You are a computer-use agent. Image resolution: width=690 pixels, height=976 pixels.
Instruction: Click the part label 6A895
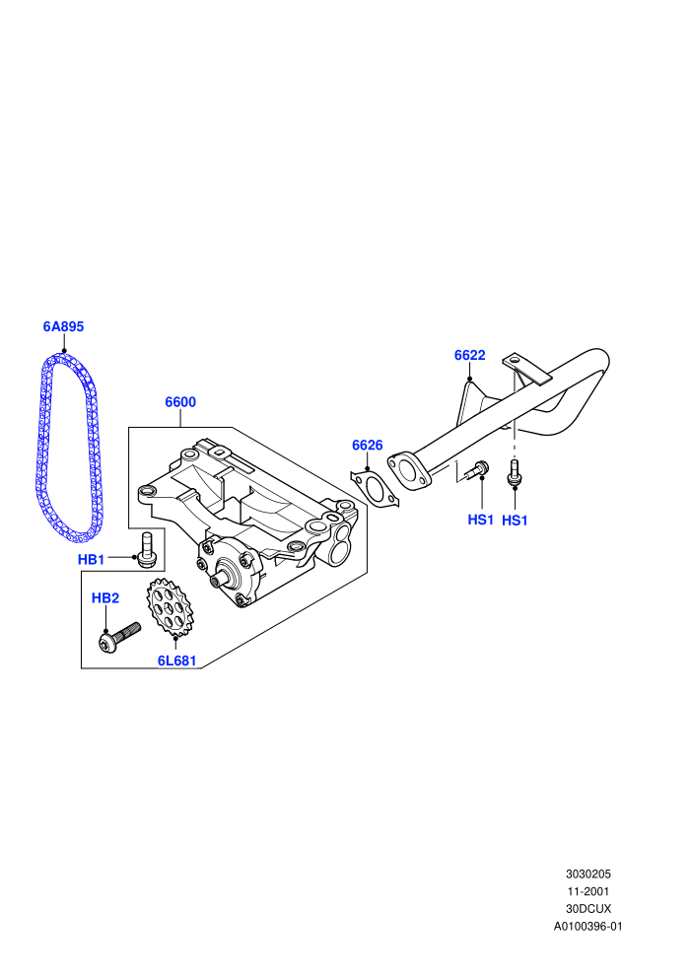pos(63,326)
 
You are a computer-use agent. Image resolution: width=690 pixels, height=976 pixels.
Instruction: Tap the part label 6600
pos(180,402)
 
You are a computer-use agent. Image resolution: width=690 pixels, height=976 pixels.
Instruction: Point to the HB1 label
pos(91,560)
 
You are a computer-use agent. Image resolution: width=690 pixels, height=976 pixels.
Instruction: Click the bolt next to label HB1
pos(147,550)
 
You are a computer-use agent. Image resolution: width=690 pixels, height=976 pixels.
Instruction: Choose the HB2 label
pos(105,598)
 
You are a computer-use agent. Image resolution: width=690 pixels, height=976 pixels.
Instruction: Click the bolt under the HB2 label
pos(119,638)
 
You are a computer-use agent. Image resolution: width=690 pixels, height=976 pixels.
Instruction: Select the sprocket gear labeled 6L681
pos(170,607)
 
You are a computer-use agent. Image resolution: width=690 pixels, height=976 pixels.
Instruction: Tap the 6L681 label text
pos(176,662)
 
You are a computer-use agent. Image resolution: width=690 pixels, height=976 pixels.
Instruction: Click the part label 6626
pos(367,445)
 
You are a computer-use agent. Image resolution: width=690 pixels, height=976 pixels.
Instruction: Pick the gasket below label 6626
pos(375,488)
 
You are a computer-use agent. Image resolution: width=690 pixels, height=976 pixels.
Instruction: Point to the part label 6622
pos(470,356)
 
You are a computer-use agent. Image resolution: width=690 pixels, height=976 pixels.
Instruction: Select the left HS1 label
pos(480,520)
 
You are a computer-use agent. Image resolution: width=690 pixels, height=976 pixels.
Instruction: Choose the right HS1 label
pos(515,521)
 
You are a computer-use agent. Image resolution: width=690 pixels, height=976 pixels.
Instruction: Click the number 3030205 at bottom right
pos(587,873)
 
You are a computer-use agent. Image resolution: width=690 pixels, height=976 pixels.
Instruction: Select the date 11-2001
pos(587,891)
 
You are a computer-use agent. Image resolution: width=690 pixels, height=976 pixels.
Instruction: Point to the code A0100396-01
pos(587,926)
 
